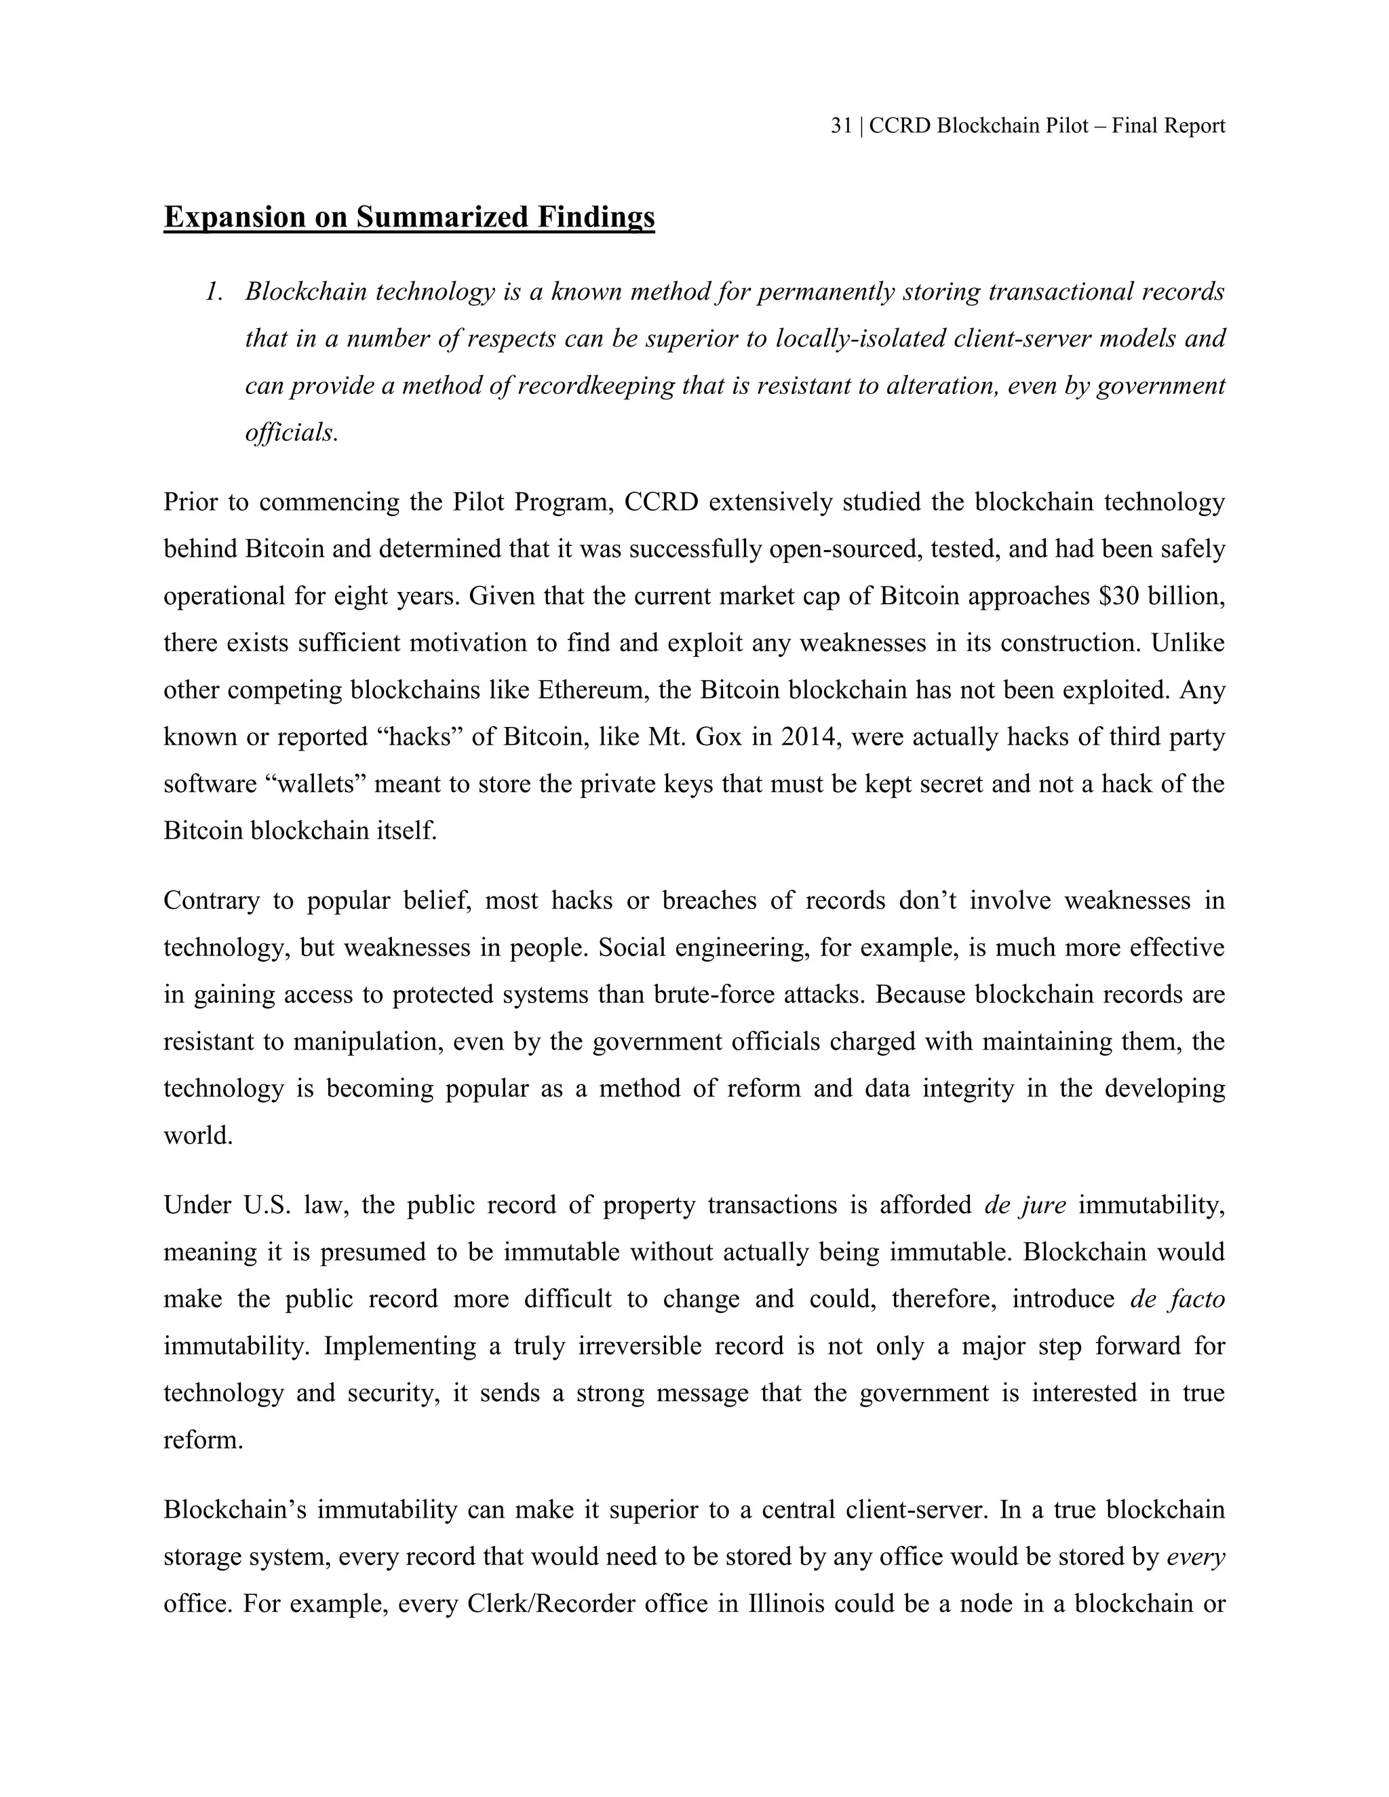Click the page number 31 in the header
click(x=841, y=126)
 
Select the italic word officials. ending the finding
click(x=291, y=433)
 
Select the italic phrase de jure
click(x=1025, y=1206)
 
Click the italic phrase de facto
click(x=1177, y=1299)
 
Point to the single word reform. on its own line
click(x=203, y=1440)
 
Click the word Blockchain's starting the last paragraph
click(x=235, y=1510)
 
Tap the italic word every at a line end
click(x=1196, y=1558)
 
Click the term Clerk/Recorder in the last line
click(x=551, y=1604)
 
